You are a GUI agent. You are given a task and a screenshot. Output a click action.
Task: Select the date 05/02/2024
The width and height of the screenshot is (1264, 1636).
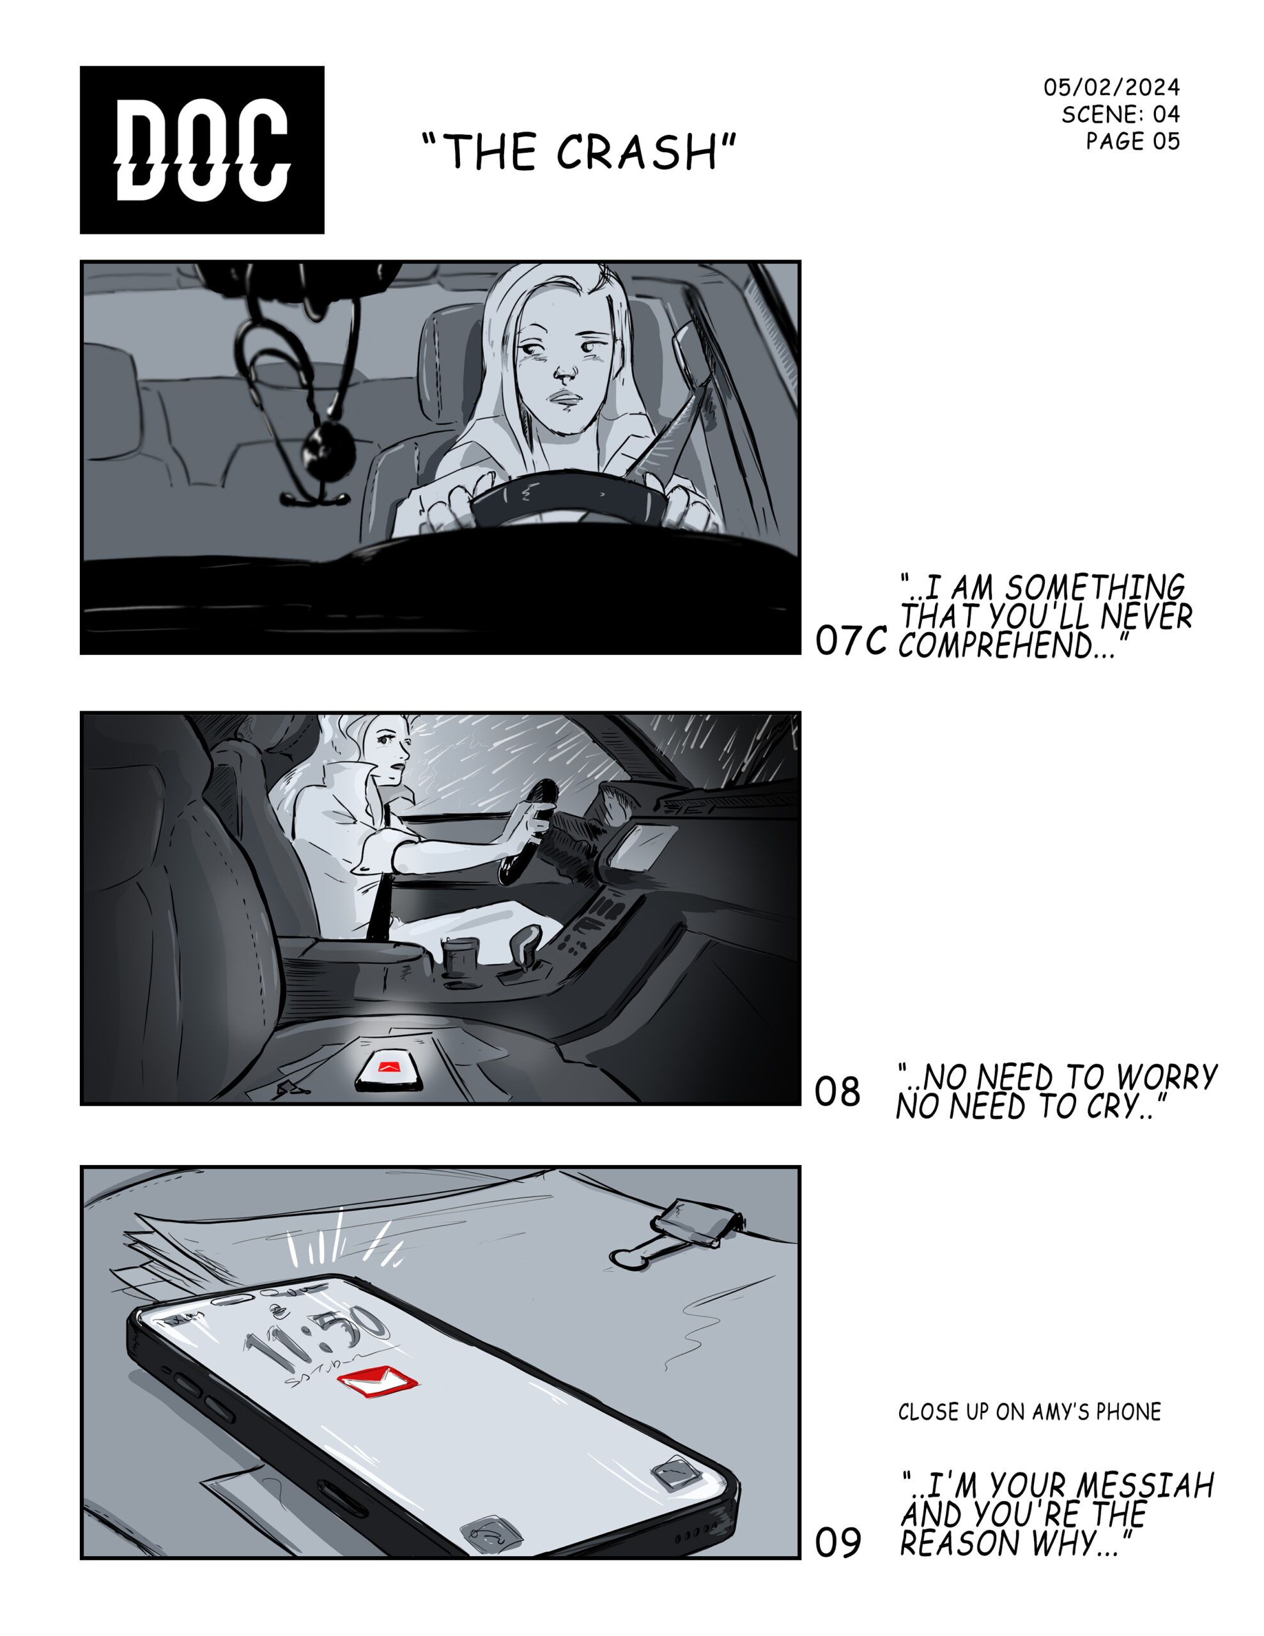(x=1111, y=88)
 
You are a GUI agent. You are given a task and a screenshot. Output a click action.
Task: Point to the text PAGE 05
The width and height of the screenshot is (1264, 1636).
(x=1133, y=141)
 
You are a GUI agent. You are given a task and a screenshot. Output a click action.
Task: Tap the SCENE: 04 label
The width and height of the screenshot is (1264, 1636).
(x=1120, y=114)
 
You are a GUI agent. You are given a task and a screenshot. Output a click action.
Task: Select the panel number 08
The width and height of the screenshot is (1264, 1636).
(x=838, y=1092)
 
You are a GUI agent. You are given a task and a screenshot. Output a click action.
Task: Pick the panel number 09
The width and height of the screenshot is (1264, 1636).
(x=838, y=1542)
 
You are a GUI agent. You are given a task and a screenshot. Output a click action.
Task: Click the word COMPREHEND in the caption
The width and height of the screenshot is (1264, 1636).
(x=996, y=645)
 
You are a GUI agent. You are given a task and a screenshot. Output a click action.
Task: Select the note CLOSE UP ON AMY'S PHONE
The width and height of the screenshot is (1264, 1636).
(x=1029, y=1412)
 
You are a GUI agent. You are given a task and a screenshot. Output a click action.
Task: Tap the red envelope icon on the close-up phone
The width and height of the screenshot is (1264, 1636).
(x=377, y=1380)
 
